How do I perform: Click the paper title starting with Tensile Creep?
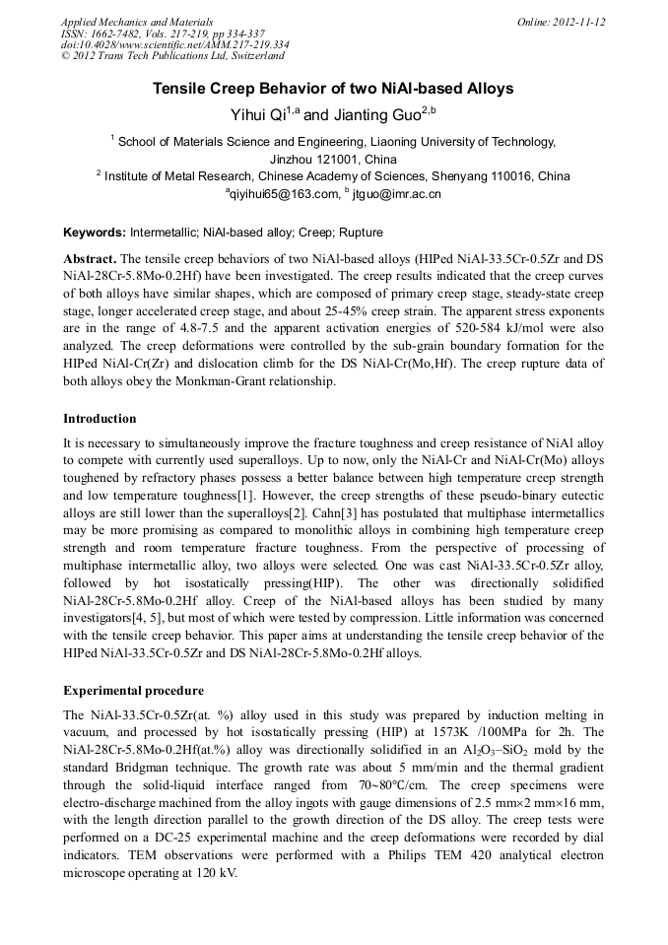pos(333,89)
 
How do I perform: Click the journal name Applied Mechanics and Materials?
pos(137,22)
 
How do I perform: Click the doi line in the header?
pos(174,45)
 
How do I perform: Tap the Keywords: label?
pos(94,234)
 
